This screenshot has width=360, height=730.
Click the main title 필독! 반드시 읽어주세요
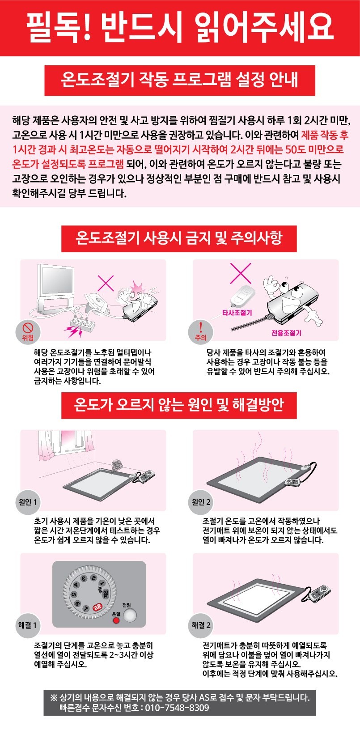(180, 28)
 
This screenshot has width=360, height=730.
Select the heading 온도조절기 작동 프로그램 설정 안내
(179, 79)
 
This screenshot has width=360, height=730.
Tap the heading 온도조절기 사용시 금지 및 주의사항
(179, 238)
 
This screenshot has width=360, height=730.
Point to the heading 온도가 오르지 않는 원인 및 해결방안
(179, 405)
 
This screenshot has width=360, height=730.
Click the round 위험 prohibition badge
(28, 332)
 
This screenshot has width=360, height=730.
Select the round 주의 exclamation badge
(200, 332)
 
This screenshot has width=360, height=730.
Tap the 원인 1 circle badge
(28, 502)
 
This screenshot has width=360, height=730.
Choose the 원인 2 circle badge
(201, 502)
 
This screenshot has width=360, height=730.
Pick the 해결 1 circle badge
(28, 625)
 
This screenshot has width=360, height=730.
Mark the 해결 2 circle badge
(201, 625)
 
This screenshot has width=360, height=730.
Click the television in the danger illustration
(56, 287)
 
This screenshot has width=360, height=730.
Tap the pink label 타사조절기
(237, 313)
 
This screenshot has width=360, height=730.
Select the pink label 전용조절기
(286, 333)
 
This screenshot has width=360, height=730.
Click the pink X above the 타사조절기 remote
(241, 273)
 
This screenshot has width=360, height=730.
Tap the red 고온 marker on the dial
(97, 607)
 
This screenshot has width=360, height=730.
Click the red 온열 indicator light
(116, 620)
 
